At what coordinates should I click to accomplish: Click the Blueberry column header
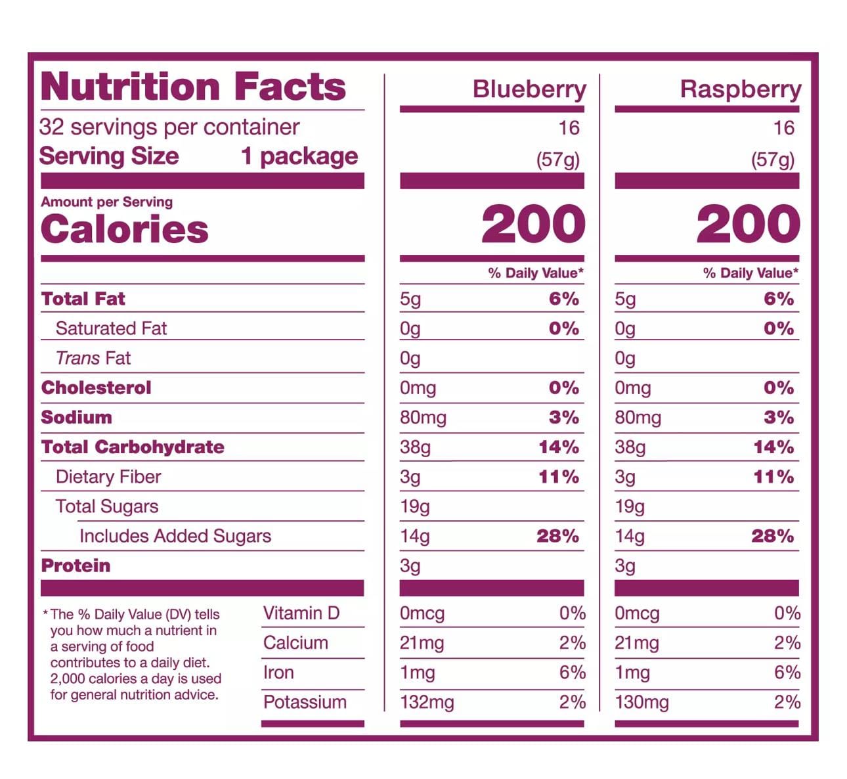click(x=529, y=89)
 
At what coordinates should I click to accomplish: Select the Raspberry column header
click(x=741, y=89)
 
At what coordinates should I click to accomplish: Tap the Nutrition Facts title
click(x=193, y=87)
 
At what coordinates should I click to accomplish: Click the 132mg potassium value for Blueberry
click(x=427, y=702)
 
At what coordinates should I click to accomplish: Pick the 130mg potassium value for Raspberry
click(x=641, y=702)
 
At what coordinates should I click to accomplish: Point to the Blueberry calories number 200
click(x=533, y=225)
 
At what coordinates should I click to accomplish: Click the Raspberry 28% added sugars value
click(x=772, y=536)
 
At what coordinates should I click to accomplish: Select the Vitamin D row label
click(x=301, y=613)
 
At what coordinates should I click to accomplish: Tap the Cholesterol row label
click(x=96, y=388)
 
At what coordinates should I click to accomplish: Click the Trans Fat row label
click(x=93, y=358)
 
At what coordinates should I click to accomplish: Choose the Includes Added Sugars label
click(x=175, y=536)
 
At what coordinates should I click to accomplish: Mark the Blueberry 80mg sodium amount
click(x=423, y=418)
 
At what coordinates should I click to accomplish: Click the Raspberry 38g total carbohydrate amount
click(x=630, y=447)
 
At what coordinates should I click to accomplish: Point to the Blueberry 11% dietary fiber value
click(x=559, y=477)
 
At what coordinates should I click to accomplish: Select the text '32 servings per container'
click(x=169, y=127)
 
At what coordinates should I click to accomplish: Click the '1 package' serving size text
click(x=299, y=156)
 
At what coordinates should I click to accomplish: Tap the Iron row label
click(x=278, y=673)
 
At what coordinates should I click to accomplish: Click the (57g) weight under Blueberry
click(x=557, y=160)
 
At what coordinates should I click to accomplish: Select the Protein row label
click(x=76, y=566)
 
